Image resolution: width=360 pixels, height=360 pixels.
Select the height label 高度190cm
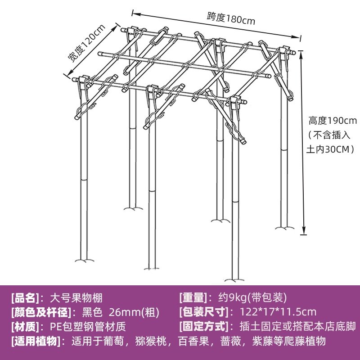(x=332, y=121)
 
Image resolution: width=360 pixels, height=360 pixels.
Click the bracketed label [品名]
(x=25, y=298)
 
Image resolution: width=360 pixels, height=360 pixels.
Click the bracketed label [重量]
(x=193, y=298)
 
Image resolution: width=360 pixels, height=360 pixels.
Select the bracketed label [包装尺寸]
(x=204, y=312)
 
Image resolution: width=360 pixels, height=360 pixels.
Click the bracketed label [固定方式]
(x=204, y=326)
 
